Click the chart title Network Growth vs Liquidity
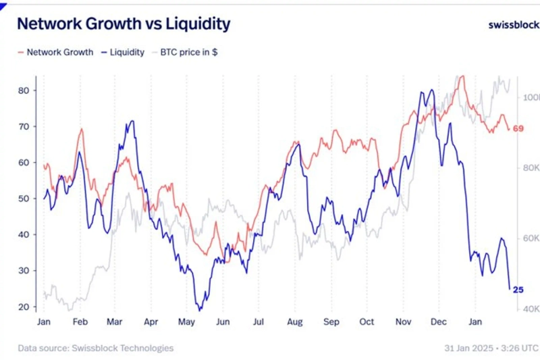click(x=123, y=24)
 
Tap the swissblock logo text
click(x=513, y=25)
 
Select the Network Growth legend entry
click(x=55, y=52)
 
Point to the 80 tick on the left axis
click(x=22, y=91)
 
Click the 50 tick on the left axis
click(x=22, y=199)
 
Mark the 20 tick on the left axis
click(x=22, y=307)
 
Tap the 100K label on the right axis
click(x=531, y=97)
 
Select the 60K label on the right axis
click(x=531, y=238)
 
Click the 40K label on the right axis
click(x=531, y=309)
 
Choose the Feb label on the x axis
click(x=80, y=322)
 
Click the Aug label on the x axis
click(x=294, y=322)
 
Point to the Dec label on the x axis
click(x=439, y=322)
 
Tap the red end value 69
click(x=518, y=128)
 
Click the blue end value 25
click(x=518, y=290)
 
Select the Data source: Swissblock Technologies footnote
click(x=95, y=348)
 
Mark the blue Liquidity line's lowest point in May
click(x=200, y=309)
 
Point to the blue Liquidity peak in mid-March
click(x=132, y=122)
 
